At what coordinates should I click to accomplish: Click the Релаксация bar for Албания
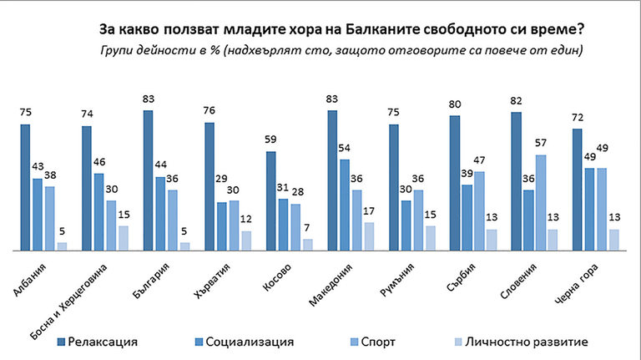25,187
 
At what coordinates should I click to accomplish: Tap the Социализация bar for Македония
345,205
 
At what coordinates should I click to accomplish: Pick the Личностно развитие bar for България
185,246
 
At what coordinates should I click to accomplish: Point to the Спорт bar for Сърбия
479,210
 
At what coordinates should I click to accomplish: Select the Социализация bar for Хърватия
222,226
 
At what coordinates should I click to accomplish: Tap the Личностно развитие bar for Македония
369,236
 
